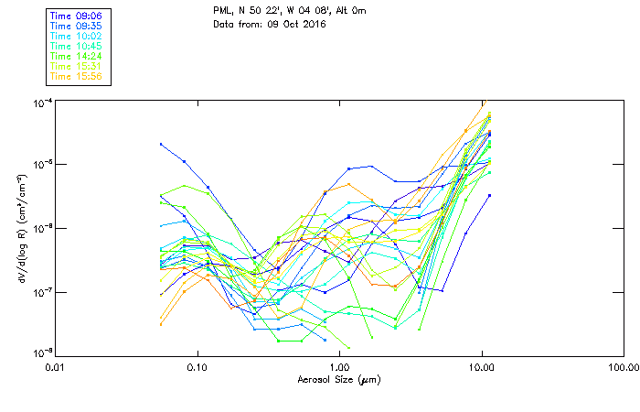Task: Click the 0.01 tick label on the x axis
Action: click(x=56, y=368)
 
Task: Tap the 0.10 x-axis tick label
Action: click(x=197, y=368)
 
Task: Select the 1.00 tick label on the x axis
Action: click(x=339, y=368)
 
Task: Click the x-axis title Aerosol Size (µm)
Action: click(x=338, y=379)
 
